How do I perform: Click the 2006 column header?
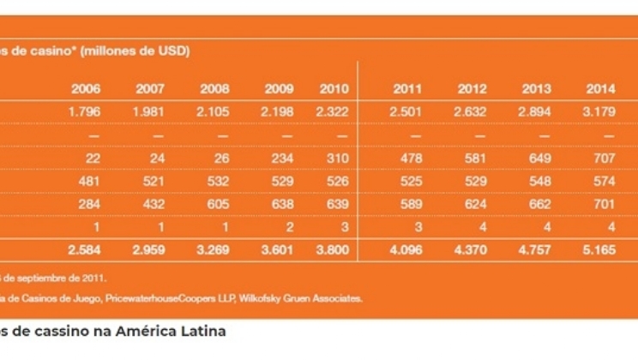point(86,89)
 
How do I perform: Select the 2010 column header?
point(334,89)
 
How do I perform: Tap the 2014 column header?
point(600,89)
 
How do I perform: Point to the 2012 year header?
point(472,89)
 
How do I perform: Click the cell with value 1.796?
point(86,112)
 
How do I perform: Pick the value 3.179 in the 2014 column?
point(599,112)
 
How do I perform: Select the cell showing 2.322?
point(333,112)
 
